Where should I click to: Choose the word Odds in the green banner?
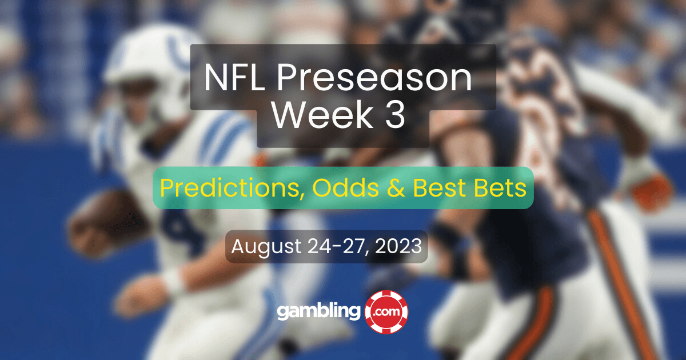(346, 187)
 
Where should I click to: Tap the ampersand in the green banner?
(396, 187)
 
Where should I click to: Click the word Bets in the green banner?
(500, 187)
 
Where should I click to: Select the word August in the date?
(266, 247)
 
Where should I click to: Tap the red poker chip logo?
(386, 311)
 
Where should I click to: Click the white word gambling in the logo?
(319, 311)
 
